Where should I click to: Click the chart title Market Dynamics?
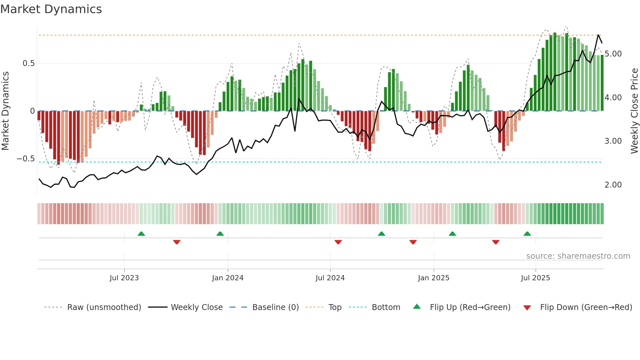pos(51,9)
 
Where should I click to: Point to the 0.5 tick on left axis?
pos(28,63)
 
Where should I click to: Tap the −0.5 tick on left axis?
pos(25,159)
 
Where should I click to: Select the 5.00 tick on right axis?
pos(613,54)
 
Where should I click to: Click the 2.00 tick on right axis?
pos(613,185)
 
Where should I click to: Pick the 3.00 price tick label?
pos(613,141)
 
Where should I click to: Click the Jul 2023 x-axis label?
pos(124,278)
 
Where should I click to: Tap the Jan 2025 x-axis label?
pos(433,278)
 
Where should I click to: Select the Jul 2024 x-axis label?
pos(330,278)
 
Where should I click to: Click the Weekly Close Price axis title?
pos(634,111)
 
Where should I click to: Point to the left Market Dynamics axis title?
pos(5,111)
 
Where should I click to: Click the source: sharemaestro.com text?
pos(578,256)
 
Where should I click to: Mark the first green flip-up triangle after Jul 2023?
pos(141,234)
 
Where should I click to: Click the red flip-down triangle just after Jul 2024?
pos(338,242)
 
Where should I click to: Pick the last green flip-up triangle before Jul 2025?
pos(527,234)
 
